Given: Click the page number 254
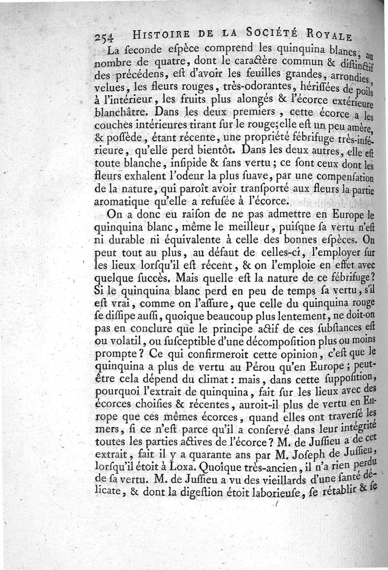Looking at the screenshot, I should [x=105, y=38].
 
